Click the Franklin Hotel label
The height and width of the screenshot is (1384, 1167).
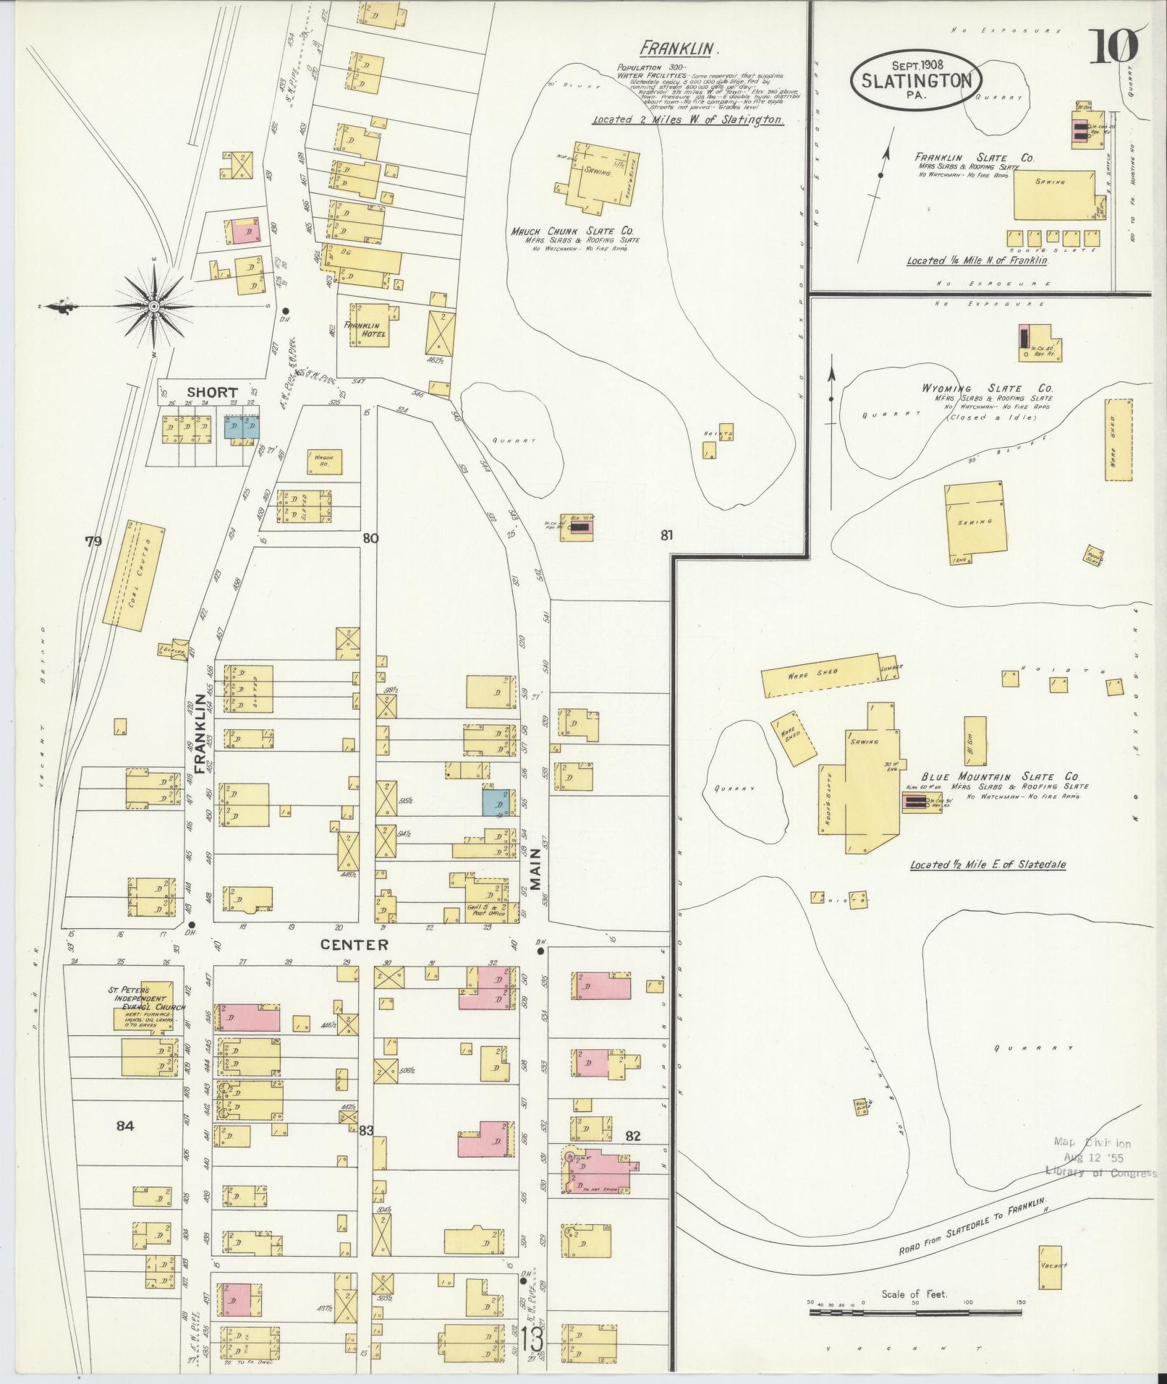tap(365, 330)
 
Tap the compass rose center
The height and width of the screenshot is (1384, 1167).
tap(153, 307)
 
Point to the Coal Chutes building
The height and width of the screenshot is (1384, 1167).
tap(135, 572)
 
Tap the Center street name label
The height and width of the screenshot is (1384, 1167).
tap(355, 945)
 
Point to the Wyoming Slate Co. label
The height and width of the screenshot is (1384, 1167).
tap(987, 389)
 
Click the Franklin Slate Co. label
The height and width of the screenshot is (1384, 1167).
tap(975, 158)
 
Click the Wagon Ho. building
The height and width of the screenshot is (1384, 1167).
tap(323, 460)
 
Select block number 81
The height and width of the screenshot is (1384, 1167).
tap(666, 536)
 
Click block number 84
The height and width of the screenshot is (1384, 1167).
tap(125, 1145)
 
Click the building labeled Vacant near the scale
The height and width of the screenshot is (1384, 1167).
tap(1051, 1266)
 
